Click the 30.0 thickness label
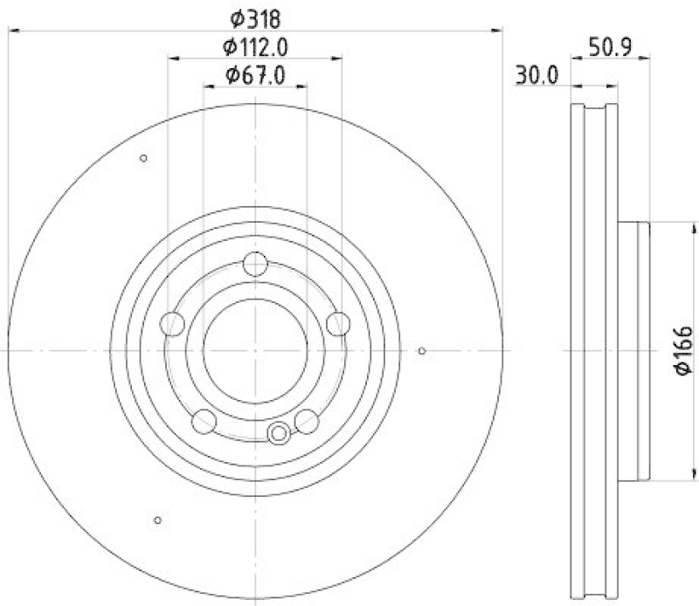click(536, 75)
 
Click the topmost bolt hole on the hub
click(255, 263)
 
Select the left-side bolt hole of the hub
click(173, 324)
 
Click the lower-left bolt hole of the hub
click(204, 422)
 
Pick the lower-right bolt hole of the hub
click(306, 422)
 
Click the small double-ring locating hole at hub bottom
click(280, 431)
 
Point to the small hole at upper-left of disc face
click(143, 158)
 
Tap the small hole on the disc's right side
click(421, 351)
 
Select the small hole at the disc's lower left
click(157, 520)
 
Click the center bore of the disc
click(254, 350)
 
